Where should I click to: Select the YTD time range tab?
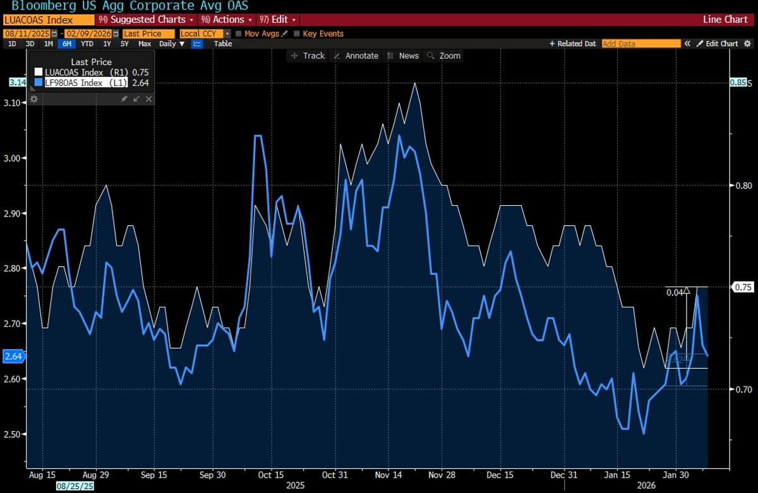point(87,44)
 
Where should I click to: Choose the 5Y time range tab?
point(124,44)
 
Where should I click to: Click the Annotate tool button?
point(356,56)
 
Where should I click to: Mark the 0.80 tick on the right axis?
point(742,186)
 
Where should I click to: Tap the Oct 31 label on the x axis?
point(335,475)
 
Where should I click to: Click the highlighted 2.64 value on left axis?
point(13,356)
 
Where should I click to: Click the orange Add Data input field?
point(641,44)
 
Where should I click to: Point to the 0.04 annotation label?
point(674,292)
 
